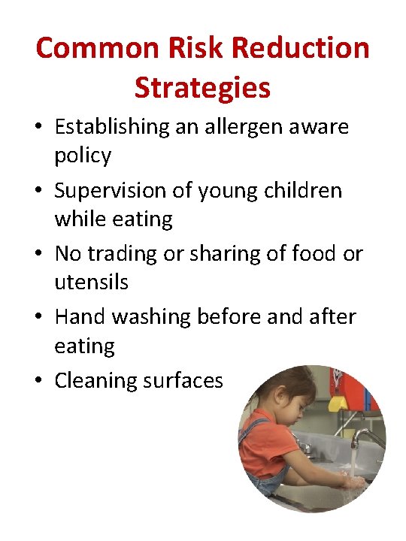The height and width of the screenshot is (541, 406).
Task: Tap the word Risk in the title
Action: click(174, 49)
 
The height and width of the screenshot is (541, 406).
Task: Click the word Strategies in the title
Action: click(202, 88)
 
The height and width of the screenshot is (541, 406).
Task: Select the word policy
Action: click(83, 156)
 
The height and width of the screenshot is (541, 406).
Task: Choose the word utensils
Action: click(91, 283)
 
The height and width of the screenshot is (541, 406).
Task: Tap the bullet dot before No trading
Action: click(39, 255)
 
